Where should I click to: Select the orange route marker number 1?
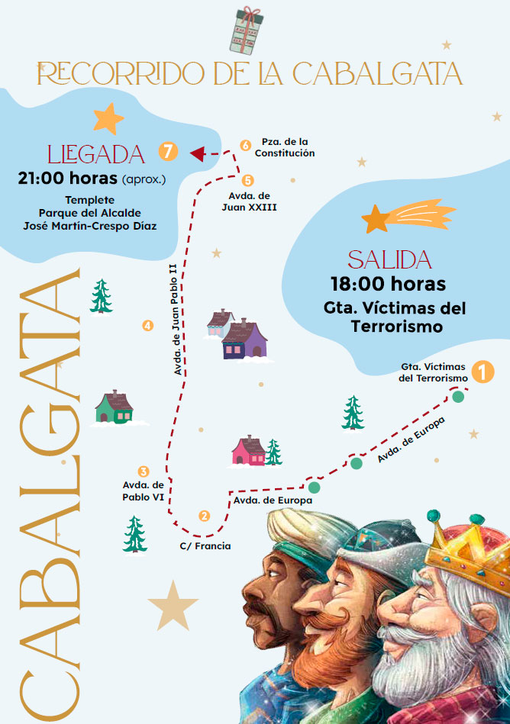tap(482, 372)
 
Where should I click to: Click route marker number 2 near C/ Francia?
tap(204, 515)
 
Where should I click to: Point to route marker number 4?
tap(147, 326)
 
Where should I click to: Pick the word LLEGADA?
tap(96, 154)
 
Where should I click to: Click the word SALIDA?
tap(389, 259)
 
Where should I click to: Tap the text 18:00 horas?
tap(388, 284)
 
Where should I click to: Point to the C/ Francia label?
tap(205, 546)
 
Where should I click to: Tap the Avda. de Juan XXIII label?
tap(252, 201)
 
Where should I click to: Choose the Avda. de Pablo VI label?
tap(144, 491)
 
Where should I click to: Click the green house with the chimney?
tap(115, 407)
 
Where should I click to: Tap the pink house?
tap(249, 451)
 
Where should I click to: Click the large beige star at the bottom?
tap(173, 605)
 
